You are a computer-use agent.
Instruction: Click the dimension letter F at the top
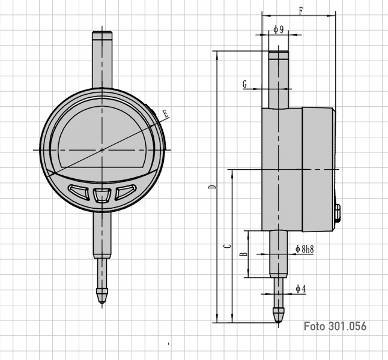[300, 10]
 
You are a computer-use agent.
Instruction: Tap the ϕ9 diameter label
[278, 29]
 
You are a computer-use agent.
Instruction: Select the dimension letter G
[245, 85]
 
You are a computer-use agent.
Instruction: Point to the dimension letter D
[211, 188]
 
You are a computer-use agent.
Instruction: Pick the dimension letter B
[243, 254]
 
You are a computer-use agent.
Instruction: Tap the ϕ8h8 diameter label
[306, 248]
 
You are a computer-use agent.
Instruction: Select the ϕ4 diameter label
[301, 289]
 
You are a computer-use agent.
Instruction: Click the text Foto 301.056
[335, 326]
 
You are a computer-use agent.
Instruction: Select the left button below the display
[79, 191]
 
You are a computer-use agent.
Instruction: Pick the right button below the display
[125, 191]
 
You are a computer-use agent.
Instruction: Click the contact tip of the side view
[278, 314]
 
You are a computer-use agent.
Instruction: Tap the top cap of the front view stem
[102, 36]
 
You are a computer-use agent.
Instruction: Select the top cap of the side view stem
[278, 56]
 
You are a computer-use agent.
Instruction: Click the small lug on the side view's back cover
[338, 211]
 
